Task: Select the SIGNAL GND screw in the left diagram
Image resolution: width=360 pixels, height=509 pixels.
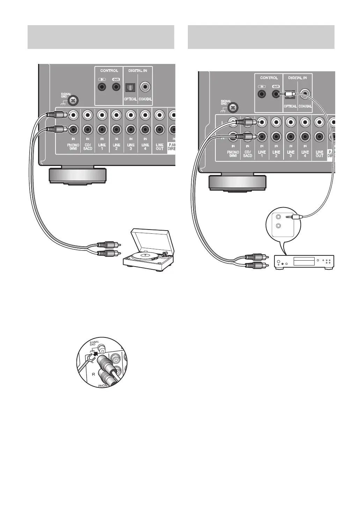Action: point(73,101)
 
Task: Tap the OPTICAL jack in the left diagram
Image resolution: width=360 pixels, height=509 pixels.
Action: point(130,87)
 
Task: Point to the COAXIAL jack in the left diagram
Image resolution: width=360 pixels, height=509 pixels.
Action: point(145,86)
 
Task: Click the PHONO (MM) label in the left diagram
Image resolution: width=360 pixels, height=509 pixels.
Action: point(73,147)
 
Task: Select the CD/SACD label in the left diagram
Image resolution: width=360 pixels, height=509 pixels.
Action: point(88,147)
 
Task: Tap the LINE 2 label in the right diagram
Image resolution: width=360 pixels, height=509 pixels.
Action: point(276,154)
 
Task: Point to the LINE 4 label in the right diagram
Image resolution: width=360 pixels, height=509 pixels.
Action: point(305,154)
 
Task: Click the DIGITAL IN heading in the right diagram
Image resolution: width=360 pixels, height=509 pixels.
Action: point(298,78)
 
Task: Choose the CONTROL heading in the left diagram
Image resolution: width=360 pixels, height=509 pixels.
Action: point(109,71)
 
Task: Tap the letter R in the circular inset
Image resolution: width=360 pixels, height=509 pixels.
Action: point(93,374)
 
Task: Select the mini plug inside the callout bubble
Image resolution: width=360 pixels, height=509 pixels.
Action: point(293,217)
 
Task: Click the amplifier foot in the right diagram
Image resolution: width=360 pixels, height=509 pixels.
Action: point(237,183)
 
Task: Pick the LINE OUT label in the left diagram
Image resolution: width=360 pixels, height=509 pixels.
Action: point(160,147)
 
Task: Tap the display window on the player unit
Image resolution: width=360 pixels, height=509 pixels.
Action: point(304,261)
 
